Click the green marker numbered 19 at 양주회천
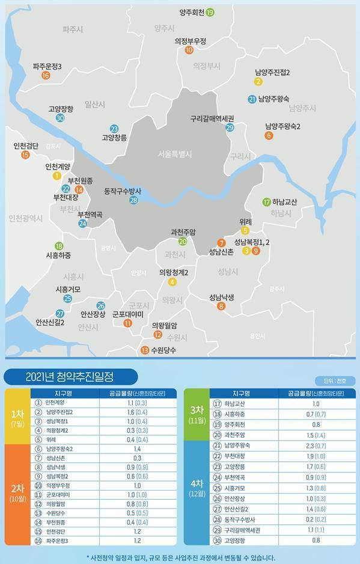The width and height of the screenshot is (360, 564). [x=210, y=12]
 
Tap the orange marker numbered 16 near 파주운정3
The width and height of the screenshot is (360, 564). [x=46, y=76]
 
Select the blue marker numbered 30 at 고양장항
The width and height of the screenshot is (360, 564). [x=60, y=118]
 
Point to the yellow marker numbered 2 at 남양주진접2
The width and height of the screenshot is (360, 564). [x=258, y=82]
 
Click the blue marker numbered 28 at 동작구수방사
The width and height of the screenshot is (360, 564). [x=133, y=200]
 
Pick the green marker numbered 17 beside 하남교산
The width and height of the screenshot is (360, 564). [x=266, y=202]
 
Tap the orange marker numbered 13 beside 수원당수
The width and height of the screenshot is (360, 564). [x=144, y=350]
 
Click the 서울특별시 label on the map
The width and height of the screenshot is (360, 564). [x=175, y=155]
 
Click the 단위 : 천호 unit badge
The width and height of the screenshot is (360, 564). [x=335, y=381]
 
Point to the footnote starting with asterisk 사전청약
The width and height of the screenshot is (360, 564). [x=180, y=557]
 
